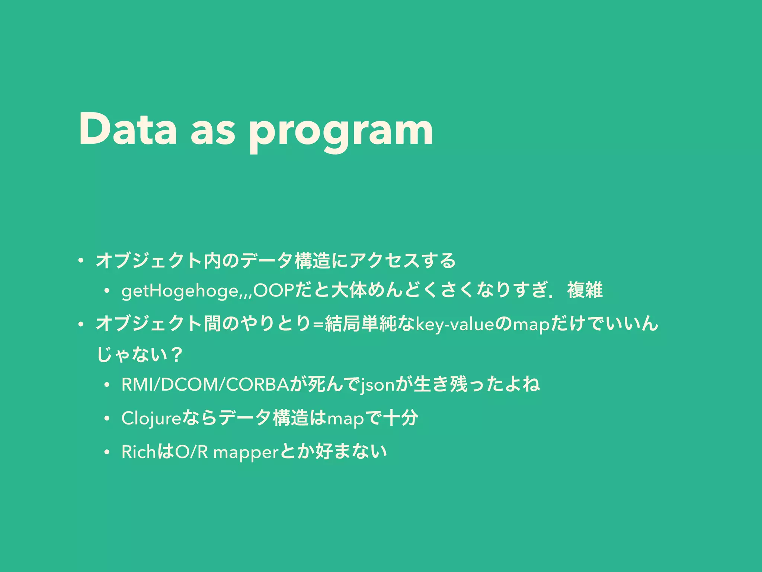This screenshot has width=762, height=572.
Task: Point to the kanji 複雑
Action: click(585, 290)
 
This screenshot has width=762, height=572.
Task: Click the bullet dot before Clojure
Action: click(107, 419)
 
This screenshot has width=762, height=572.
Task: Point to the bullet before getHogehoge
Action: click(107, 292)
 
